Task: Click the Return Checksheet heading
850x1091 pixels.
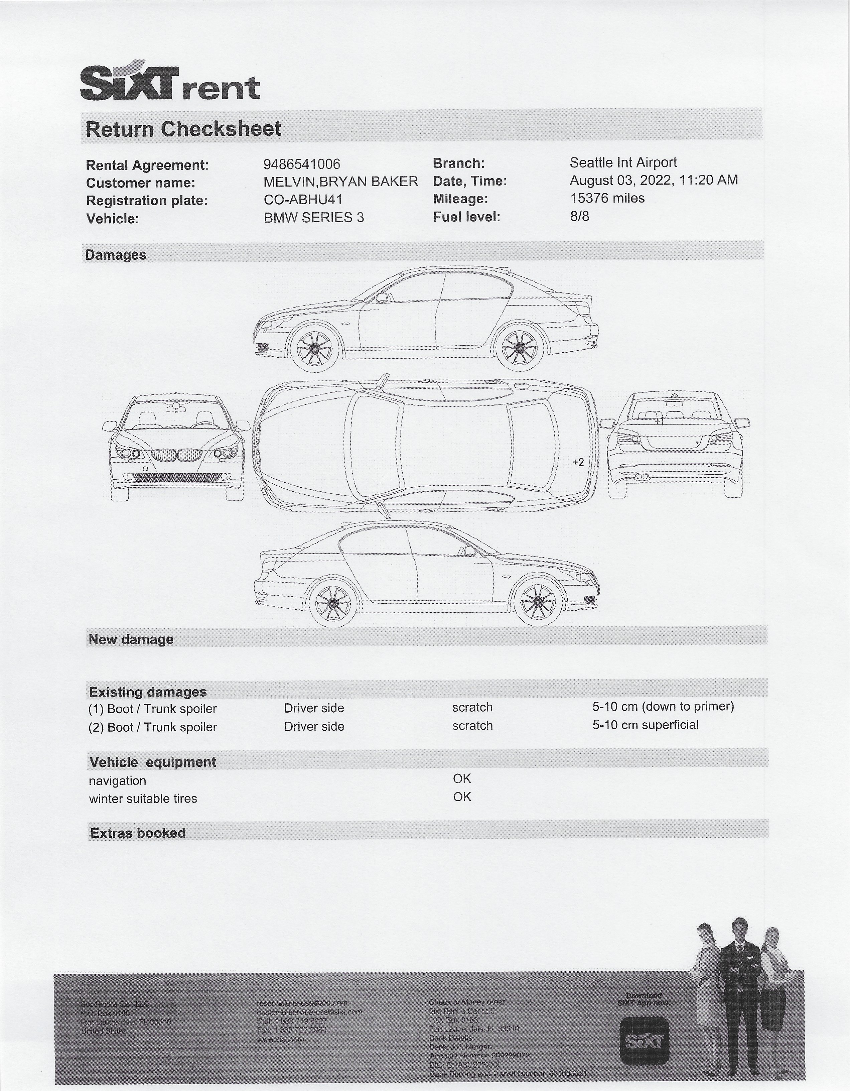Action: [x=183, y=129]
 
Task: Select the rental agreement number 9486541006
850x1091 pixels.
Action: [x=302, y=164]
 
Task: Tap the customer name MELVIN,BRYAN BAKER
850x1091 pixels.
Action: [x=340, y=182]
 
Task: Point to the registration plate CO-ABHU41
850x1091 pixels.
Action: [x=303, y=199]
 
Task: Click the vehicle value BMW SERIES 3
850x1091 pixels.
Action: [x=314, y=217]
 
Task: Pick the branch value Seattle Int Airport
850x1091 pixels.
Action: [x=623, y=162]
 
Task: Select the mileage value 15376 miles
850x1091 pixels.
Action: [x=607, y=198]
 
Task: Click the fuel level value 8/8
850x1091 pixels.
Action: [x=579, y=216]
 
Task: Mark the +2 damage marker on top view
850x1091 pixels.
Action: [x=578, y=462]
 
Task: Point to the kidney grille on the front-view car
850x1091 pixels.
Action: [x=177, y=455]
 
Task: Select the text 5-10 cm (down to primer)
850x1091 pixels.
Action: [x=663, y=706]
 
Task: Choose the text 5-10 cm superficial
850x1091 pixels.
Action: [x=645, y=725]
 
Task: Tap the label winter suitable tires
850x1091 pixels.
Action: [x=143, y=798]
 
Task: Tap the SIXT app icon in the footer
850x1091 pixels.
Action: [x=644, y=1042]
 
